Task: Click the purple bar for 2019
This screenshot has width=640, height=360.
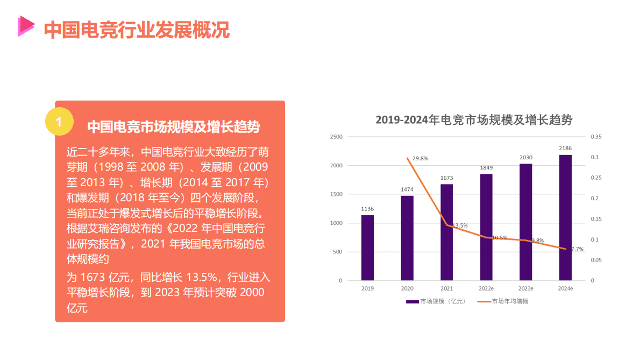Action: click(367, 248)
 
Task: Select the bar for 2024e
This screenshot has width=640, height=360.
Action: click(565, 217)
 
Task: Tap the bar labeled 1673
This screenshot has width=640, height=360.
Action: click(447, 232)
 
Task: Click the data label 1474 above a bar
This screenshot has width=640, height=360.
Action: click(407, 189)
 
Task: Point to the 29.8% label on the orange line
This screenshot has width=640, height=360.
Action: click(420, 158)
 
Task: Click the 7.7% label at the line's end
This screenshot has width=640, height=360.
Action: click(577, 249)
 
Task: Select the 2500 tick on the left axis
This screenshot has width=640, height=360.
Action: click(336, 137)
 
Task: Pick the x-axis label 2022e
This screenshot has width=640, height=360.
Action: click(486, 289)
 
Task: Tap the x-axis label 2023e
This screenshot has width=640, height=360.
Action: click(526, 289)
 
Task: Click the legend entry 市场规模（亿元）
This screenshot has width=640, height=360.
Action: click(436, 301)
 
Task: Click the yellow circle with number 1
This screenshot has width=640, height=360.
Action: click(59, 121)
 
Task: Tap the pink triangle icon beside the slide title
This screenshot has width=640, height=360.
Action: click(25, 26)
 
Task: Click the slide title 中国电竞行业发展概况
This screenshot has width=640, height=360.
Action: click(137, 30)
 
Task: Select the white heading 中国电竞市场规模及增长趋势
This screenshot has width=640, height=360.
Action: click(173, 127)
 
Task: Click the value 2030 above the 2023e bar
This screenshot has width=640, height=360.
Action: click(525, 158)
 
